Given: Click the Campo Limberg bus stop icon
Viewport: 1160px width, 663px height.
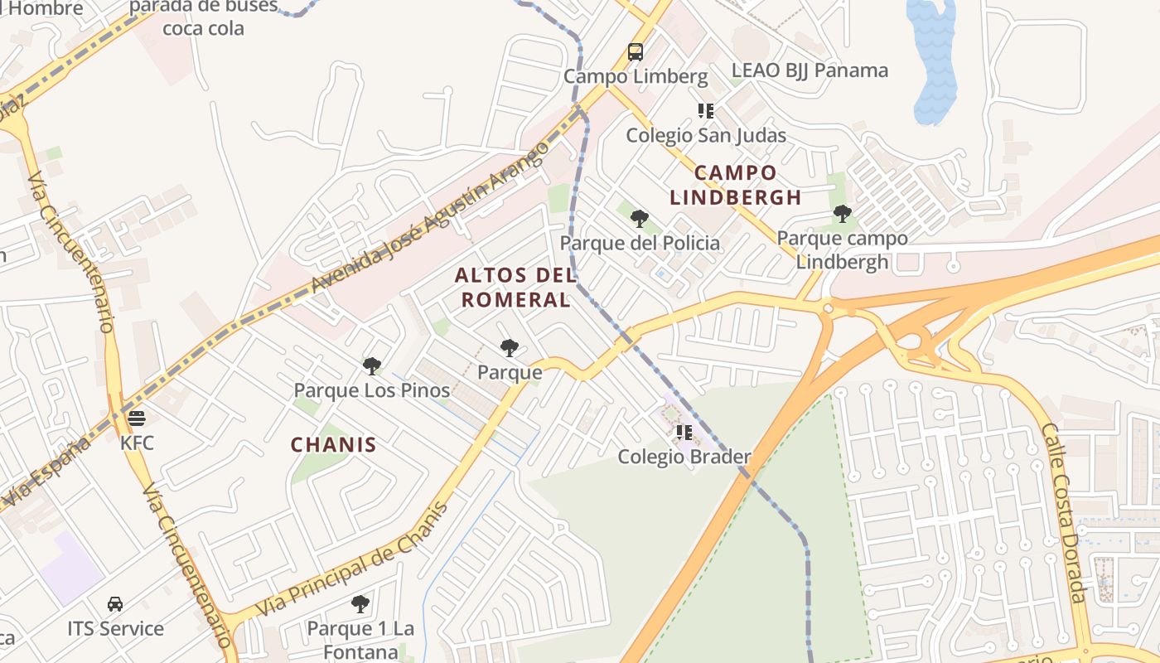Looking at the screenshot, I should pos(636,52).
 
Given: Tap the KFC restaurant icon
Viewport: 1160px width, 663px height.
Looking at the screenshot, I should pos(137,418).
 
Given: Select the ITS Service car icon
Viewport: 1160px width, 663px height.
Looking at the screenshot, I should pos(115,604).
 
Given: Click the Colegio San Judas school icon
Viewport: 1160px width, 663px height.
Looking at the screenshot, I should pos(706,110).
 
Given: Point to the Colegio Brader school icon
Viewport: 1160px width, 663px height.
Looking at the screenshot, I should pos(684,432).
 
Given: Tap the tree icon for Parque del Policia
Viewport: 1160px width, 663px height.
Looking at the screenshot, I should pos(639,219).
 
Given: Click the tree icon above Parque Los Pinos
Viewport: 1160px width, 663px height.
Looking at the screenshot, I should pos(372,365).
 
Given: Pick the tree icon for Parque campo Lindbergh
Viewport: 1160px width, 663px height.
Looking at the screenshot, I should pos(843,214).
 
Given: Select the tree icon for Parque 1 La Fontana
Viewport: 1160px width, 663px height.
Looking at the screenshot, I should pos(360,603).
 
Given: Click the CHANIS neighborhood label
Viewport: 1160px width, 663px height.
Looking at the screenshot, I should pos(333,445).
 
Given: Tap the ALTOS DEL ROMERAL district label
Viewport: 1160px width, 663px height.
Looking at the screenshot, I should pos(515,288).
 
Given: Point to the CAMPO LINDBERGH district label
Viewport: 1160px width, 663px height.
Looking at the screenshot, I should pos(736,186).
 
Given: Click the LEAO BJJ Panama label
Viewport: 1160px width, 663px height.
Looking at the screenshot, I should pos(810,70).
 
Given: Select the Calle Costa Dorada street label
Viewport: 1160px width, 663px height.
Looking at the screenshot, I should pos(1064,514).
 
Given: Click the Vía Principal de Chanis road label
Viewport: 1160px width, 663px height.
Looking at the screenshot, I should pos(352,559).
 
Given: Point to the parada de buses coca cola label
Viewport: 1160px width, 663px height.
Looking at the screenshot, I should pos(204,17).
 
